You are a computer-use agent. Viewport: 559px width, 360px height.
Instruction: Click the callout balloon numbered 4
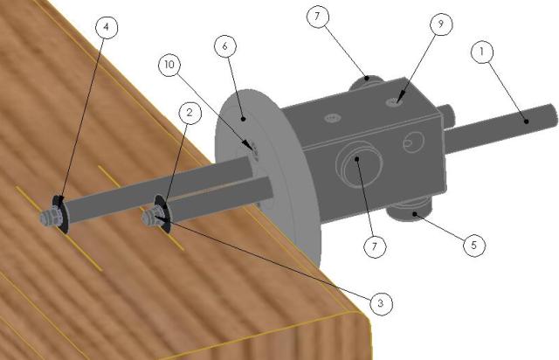point(107,27)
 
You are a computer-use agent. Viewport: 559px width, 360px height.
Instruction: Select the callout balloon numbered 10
point(169,65)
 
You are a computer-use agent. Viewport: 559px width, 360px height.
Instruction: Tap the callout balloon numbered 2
point(190,113)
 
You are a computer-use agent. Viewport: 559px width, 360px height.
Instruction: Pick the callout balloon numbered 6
point(225,46)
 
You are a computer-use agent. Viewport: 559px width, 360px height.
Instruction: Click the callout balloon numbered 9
point(441,24)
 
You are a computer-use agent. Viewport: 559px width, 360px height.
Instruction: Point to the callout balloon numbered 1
point(482,52)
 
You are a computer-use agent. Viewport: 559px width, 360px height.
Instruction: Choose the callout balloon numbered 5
point(474,245)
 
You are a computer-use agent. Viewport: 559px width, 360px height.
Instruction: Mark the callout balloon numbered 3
point(381,303)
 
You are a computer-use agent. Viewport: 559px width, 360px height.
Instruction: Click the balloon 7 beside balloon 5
point(375,246)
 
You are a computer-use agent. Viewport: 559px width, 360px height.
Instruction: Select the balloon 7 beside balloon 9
point(317,17)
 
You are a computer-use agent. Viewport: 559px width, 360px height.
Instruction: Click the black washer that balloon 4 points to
point(59,214)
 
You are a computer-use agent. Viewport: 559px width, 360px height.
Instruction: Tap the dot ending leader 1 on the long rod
point(527,121)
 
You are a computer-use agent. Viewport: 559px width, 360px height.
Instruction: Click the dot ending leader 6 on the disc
point(243,119)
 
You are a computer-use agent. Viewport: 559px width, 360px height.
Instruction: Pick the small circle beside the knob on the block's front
point(413,142)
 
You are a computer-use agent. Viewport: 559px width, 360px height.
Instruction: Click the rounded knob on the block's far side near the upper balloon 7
point(366,83)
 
